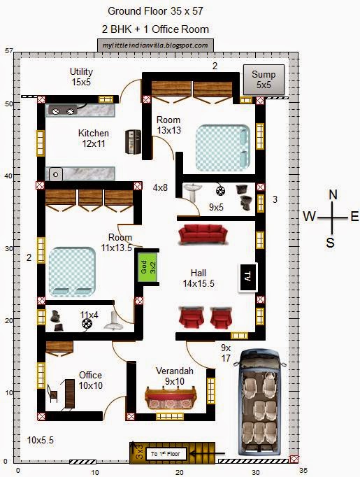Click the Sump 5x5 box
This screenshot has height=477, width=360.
tap(264, 80)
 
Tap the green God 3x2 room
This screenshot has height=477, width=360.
tap(147, 266)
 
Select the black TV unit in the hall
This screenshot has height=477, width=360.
tap(247, 277)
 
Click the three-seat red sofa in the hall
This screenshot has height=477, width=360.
tap(203, 234)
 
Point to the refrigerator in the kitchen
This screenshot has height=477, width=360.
tap(134, 141)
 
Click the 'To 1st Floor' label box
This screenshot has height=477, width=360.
tap(166, 454)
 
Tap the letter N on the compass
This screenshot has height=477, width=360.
tap(333, 194)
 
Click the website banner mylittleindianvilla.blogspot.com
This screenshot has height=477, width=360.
tap(155, 45)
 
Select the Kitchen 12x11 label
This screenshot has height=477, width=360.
tap(94, 138)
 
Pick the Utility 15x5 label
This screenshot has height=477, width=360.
tap(81, 77)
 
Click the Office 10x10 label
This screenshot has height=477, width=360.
tap(90, 380)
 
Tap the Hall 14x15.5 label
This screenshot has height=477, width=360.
tap(199, 278)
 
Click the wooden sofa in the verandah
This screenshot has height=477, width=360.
tap(171, 398)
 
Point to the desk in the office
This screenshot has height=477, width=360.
tap(70, 394)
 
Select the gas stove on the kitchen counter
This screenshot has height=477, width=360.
tap(63, 111)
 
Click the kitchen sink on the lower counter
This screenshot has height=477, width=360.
tap(55, 175)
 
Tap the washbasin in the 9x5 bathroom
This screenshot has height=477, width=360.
tap(192, 192)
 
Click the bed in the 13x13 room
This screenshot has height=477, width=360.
tap(222, 148)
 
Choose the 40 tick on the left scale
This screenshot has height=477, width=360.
tap(8, 176)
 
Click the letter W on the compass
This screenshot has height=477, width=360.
tap(309, 216)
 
